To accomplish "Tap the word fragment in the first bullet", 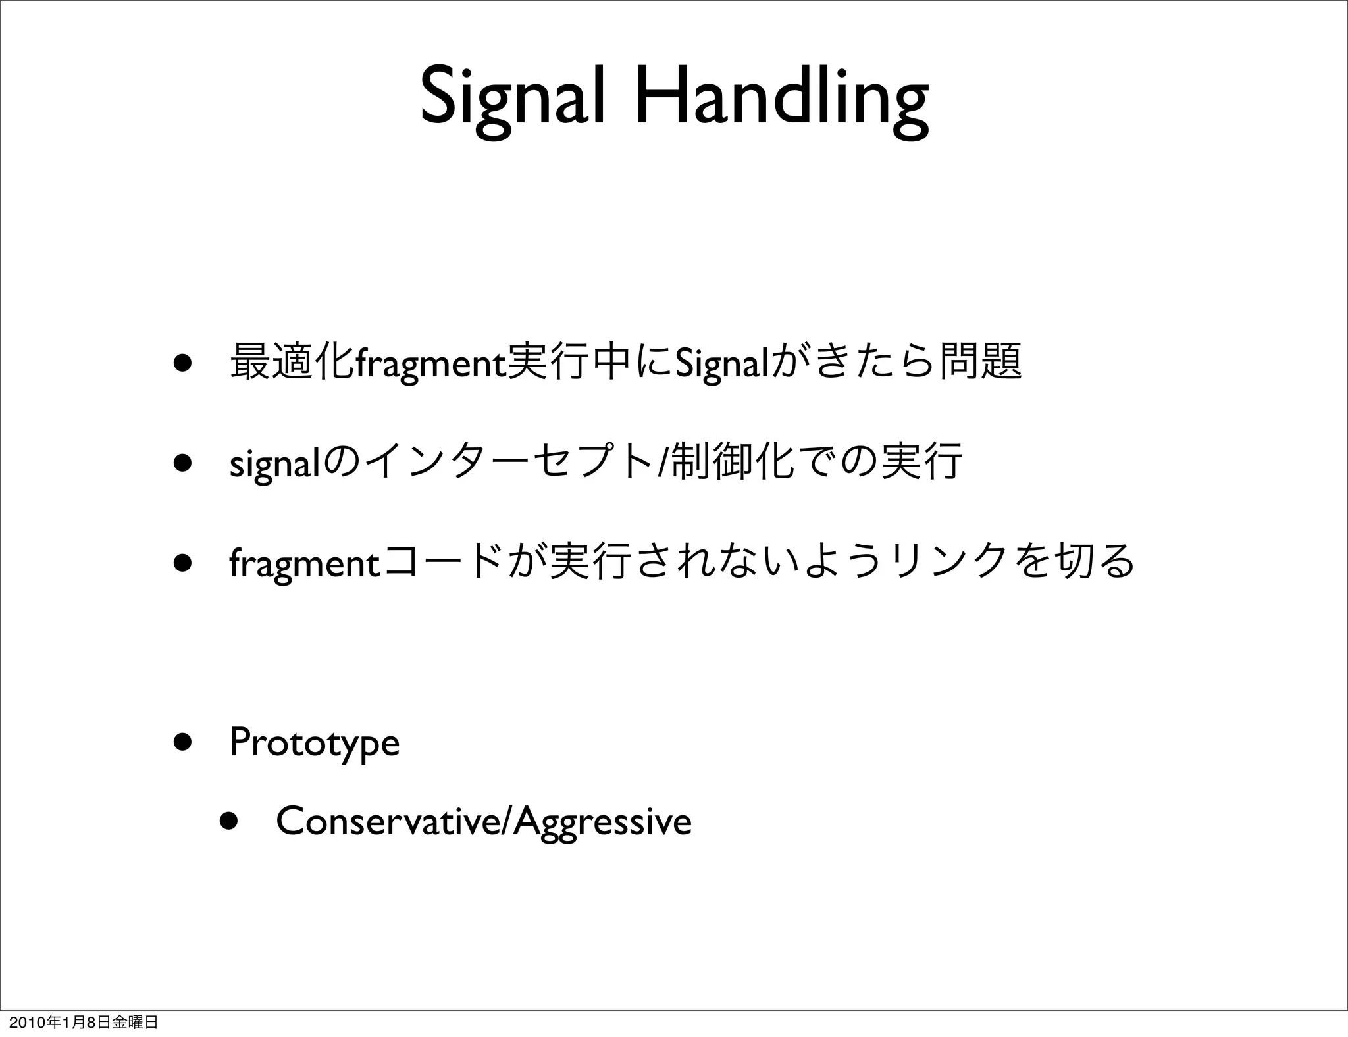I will coord(430,363).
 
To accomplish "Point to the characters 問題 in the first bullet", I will coord(981,361).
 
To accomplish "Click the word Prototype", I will coord(315,744).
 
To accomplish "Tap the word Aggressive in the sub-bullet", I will coord(602,822).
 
